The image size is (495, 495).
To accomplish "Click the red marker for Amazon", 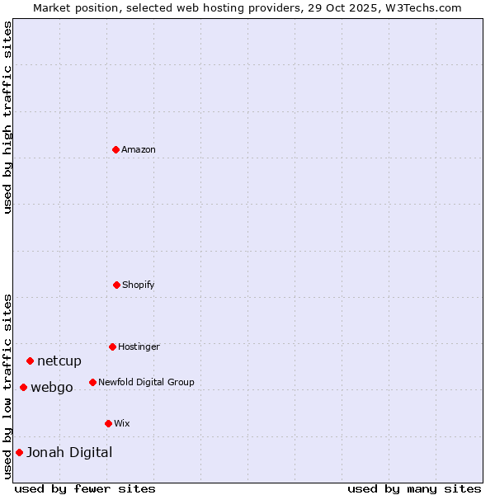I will point(115,149).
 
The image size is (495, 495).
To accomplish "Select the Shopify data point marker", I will point(116,285).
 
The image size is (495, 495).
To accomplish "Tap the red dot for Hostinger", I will point(112,346).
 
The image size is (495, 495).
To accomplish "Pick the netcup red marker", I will point(30,361).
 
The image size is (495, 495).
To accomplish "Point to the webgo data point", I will point(23,387).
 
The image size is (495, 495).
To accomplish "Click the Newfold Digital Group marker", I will point(92,382).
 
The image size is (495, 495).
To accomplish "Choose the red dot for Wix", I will point(108,423).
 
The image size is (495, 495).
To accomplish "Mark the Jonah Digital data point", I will point(19,452).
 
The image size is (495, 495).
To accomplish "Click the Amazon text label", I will point(139,149).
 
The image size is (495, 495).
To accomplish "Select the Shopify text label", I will point(139,285).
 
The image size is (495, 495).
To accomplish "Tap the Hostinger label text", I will point(139,346).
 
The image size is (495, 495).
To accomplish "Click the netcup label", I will point(59,361).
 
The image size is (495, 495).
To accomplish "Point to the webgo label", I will point(52,387).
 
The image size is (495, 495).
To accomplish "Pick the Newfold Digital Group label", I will point(146,382).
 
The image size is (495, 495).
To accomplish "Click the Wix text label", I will point(122,423).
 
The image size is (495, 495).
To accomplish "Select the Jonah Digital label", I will point(69,452).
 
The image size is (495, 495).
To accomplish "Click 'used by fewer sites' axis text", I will point(85,488).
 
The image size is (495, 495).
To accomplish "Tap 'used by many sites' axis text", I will point(414,488).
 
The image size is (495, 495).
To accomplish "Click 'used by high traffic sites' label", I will point(7,117).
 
